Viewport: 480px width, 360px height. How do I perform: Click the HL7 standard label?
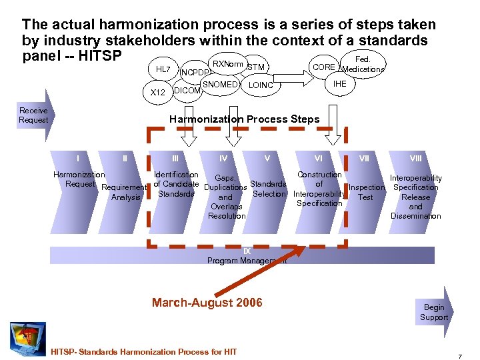tap(163, 69)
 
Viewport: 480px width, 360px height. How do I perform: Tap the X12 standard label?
tap(158, 93)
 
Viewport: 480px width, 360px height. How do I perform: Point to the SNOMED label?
tap(220, 85)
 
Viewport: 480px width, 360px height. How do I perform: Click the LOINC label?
tap(261, 85)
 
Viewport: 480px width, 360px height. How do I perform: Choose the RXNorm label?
tap(228, 64)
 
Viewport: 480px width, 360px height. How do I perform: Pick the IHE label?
tap(340, 84)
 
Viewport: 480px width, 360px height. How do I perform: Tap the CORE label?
tap(324, 67)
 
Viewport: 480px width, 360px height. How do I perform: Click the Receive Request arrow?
tap(34, 115)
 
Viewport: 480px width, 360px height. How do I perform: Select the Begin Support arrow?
tap(435, 312)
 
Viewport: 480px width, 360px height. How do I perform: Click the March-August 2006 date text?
tap(207, 303)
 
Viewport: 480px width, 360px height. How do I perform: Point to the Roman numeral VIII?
tap(415, 159)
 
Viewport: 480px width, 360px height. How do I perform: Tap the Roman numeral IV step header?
tap(223, 159)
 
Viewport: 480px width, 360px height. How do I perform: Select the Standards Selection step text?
tap(268, 189)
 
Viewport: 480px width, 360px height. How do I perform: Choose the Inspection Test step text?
tap(367, 192)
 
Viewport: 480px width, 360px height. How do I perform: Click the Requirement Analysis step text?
tap(124, 192)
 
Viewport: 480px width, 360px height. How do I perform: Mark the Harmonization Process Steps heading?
tap(244, 119)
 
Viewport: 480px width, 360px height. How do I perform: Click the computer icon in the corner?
tap(27, 337)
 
